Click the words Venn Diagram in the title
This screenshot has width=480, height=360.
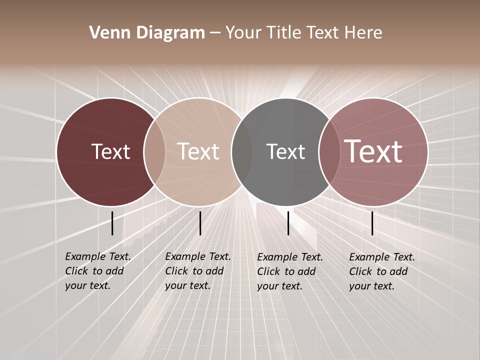(x=147, y=33)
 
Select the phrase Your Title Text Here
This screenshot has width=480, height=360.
(x=303, y=33)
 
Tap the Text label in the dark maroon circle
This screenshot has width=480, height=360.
(x=110, y=151)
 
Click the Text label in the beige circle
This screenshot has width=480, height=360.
(x=198, y=151)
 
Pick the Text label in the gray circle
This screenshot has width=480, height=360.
(x=285, y=151)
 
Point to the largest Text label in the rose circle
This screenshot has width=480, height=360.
(x=373, y=151)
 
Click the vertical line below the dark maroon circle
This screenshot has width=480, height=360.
(x=112, y=223)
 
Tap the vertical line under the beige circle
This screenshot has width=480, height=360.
(x=200, y=223)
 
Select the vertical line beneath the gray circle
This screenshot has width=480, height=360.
(x=288, y=223)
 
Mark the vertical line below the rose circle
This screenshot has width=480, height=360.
(x=372, y=223)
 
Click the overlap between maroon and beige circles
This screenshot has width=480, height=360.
(x=154, y=151)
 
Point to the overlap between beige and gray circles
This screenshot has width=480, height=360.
(x=242, y=151)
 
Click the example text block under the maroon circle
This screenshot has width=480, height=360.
(x=98, y=271)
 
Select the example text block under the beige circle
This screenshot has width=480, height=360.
(x=198, y=271)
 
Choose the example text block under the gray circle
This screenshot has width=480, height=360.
(x=290, y=271)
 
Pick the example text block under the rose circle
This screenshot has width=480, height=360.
(x=382, y=271)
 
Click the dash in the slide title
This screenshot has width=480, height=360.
(x=215, y=33)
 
